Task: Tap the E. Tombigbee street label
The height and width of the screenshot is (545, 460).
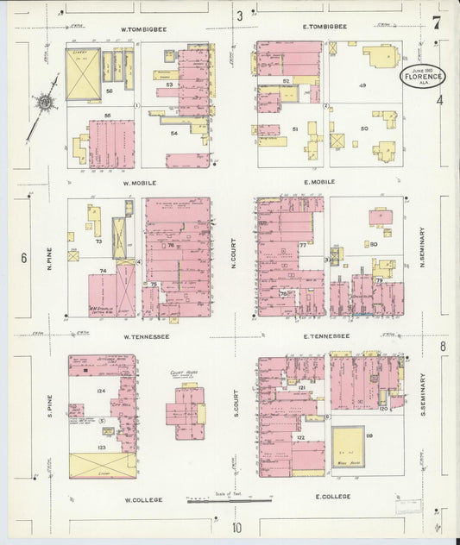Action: (x=325, y=27)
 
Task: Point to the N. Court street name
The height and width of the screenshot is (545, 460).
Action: (x=234, y=260)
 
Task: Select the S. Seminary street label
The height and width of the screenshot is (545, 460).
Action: (x=423, y=393)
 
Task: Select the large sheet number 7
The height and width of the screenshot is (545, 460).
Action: (x=438, y=22)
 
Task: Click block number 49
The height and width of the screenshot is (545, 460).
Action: (x=362, y=85)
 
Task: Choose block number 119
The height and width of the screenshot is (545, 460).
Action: (x=369, y=437)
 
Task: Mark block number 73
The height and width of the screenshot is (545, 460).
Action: (x=98, y=242)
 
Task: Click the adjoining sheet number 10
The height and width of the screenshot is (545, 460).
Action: (x=236, y=527)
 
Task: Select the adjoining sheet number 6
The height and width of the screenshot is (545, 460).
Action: (x=23, y=257)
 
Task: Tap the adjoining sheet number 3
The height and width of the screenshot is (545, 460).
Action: (x=239, y=15)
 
